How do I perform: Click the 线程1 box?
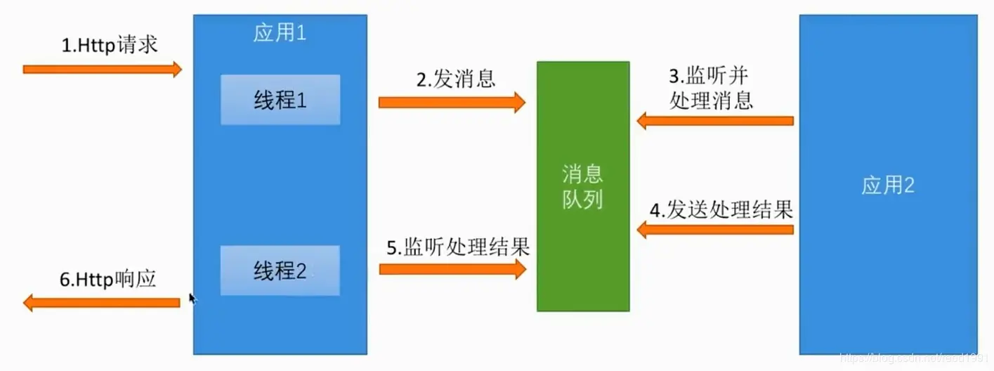280,100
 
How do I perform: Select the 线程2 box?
280,271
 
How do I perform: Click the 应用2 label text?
888,185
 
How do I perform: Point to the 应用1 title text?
280,33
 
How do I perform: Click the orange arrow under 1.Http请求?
103,69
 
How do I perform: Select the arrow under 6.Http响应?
102,303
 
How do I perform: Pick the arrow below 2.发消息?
452,103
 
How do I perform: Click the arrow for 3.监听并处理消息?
715,121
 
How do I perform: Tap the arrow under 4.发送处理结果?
715,229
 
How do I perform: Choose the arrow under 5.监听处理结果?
452,269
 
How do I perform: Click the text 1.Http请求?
110,46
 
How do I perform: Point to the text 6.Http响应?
107,280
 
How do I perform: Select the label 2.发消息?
455,79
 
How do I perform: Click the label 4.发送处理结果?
721,209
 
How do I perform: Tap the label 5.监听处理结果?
458,247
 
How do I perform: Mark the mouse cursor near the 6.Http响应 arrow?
192,298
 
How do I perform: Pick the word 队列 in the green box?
582,200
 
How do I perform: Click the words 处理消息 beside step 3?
711,100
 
